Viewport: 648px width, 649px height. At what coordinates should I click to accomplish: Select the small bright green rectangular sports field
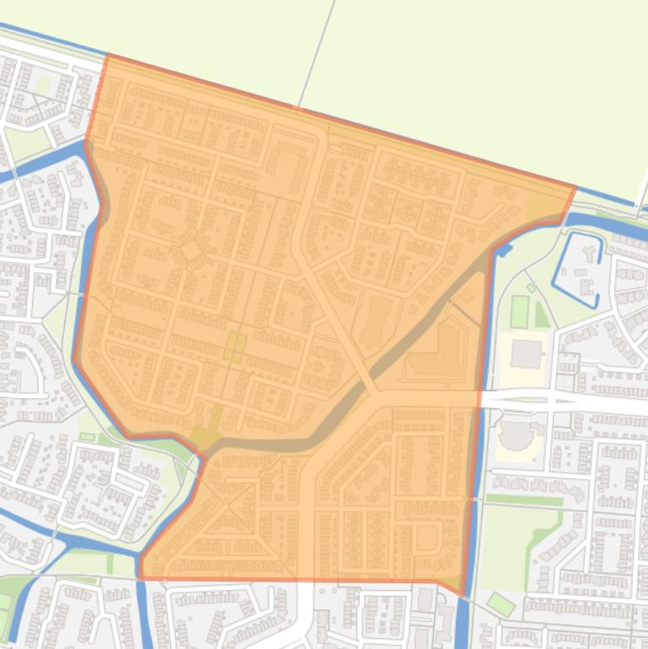click(519, 311)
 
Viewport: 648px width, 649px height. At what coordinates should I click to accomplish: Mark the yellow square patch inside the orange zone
click(234, 346)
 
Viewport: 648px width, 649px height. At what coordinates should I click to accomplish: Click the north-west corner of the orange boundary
click(108, 55)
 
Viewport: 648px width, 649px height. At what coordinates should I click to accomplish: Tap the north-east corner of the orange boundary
click(575, 187)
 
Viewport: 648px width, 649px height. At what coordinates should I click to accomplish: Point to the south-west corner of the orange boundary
click(141, 578)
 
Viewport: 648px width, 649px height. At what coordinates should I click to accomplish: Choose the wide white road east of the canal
click(573, 401)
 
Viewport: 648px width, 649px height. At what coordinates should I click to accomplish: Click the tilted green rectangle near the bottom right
click(501, 604)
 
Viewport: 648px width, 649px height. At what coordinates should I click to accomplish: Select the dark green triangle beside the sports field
click(540, 314)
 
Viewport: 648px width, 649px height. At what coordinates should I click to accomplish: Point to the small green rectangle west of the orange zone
click(88, 437)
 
